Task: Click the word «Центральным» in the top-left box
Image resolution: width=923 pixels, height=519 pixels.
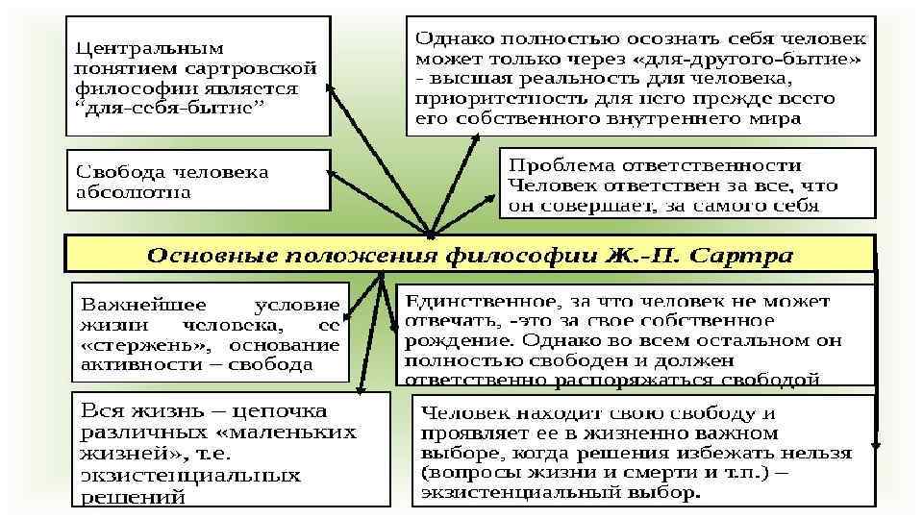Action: (149, 47)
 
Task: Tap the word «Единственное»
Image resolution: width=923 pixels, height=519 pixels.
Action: (481, 300)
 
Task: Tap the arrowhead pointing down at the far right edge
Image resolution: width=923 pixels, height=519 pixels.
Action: (875, 445)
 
